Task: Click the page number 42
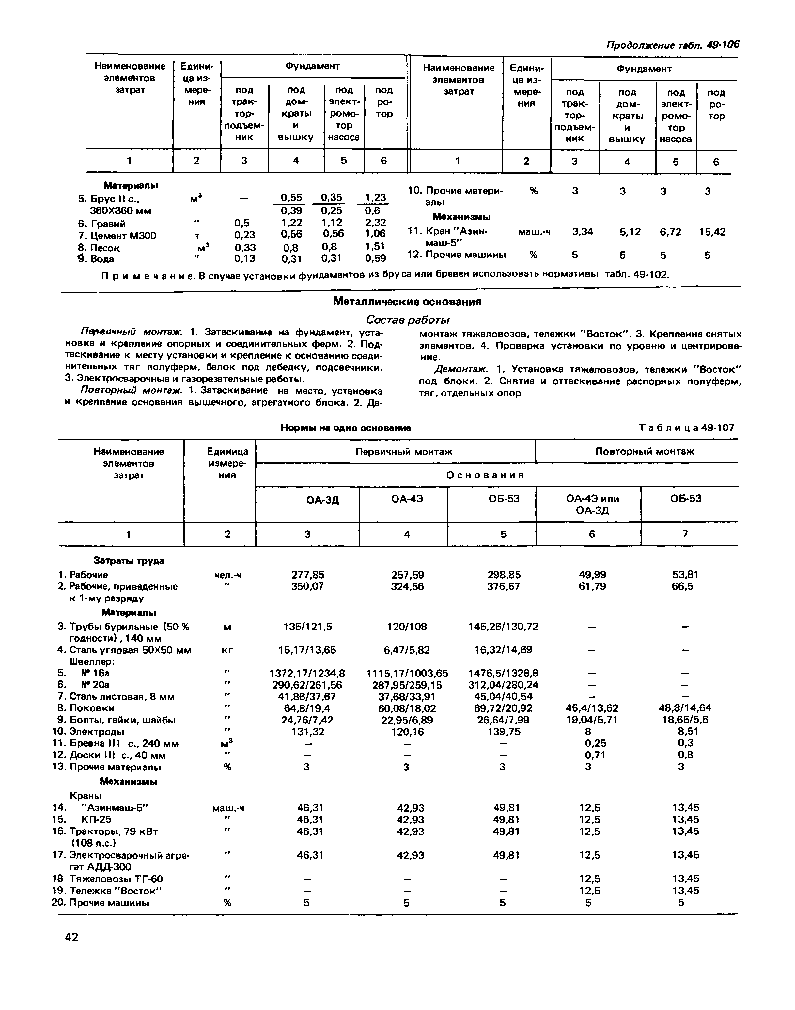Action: click(x=72, y=937)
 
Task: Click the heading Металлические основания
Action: click(x=407, y=302)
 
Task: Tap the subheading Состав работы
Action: click(x=407, y=320)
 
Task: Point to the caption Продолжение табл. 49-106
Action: click(x=672, y=45)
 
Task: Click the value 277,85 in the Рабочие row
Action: click(x=308, y=575)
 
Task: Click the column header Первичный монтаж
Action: click(x=404, y=451)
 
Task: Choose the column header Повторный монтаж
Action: click(x=644, y=451)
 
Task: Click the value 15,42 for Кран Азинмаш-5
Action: click(x=712, y=232)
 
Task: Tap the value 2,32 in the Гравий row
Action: click(x=375, y=223)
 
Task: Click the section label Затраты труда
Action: click(x=129, y=561)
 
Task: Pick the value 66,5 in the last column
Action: click(x=682, y=586)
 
